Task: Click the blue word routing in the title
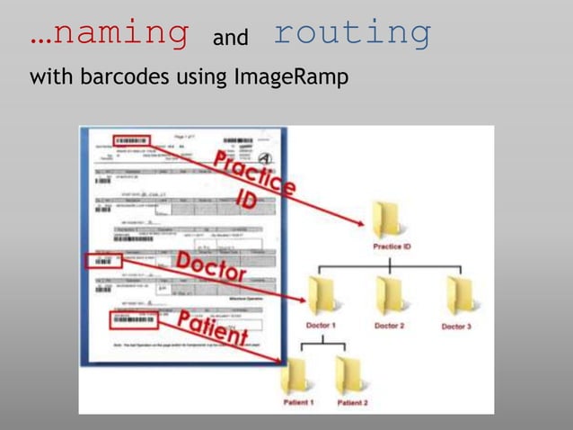(x=352, y=33)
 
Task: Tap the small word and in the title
(x=230, y=39)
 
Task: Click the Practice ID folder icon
(x=388, y=220)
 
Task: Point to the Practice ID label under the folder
(x=392, y=246)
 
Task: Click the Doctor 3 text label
(x=456, y=327)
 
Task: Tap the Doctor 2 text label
(x=389, y=326)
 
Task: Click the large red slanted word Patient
(x=211, y=328)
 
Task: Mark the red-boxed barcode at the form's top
(x=130, y=141)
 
